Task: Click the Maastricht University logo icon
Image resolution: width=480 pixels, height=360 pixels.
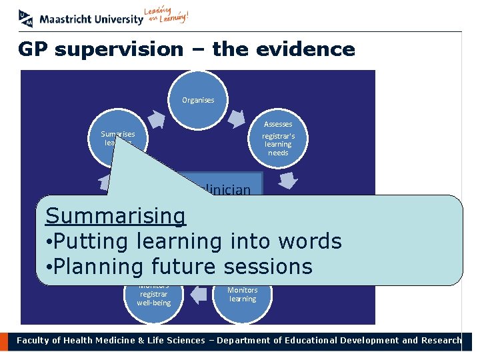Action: click(26, 18)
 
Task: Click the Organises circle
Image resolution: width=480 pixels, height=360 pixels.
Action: click(198, 100)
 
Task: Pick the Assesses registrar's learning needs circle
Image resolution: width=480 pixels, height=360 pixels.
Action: click(278, 138)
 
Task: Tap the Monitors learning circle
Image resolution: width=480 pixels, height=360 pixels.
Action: click(242, 293)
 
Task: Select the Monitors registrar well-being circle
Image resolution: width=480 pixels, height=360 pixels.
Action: click(153, 296)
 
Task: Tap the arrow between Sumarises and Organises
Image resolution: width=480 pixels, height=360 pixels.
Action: click(156, 118)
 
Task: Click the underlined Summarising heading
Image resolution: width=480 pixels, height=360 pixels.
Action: click(115, 216)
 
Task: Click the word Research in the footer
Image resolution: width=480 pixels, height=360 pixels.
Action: click(440, 341)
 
